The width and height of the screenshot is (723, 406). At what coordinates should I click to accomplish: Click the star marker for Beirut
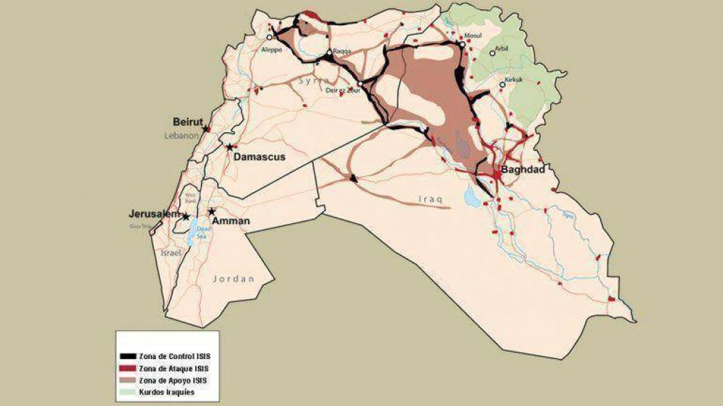pyautogui.click(x=206, y=129)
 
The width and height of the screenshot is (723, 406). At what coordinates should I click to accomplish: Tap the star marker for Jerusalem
pyautogui.click(x=186, y=216)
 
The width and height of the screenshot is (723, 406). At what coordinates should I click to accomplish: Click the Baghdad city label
pyautogui.click(x=522, y=170)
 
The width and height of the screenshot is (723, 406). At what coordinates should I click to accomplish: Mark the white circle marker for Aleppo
pyautogui.click(x=270, y=37)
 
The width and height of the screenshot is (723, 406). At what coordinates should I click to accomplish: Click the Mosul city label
pyautogui.click(x=472, y=35)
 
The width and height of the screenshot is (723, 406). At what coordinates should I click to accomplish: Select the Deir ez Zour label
pyautogui.click(x=344, y=91)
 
